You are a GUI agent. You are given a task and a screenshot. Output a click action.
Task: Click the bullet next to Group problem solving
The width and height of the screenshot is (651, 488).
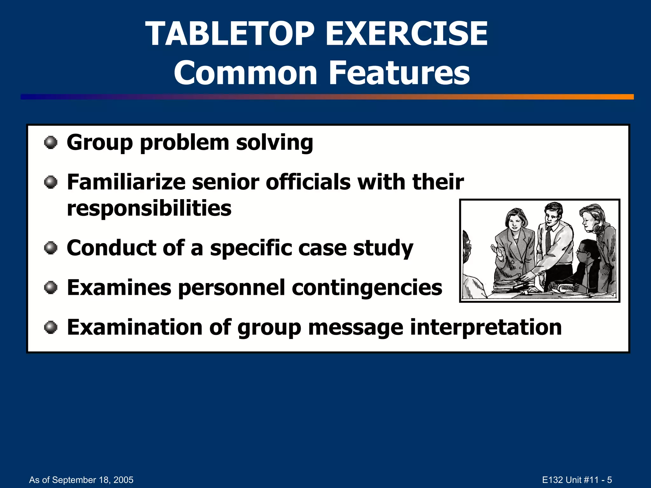[x=51, y=143]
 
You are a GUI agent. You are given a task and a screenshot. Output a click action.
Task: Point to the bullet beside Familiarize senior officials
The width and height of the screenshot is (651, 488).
[x=51, y=182]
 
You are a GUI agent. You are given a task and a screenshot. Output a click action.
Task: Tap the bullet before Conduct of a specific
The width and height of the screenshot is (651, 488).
[x=51, y=248]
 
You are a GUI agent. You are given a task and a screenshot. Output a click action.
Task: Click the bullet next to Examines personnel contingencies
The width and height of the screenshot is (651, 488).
[x=51, y=288]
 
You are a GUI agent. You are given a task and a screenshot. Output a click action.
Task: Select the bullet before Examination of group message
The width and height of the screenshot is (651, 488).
[x=51, y=328]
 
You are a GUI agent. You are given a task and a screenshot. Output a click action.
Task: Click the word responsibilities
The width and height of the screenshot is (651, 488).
[x=149, y=209]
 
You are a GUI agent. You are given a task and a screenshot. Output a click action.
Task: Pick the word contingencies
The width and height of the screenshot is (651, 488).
[x=367, y=288]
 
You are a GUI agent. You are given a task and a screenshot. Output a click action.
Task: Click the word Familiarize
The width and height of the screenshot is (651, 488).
[x=126, y=182]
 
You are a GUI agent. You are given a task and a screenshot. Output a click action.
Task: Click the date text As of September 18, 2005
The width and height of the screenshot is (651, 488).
[x=81, y=480]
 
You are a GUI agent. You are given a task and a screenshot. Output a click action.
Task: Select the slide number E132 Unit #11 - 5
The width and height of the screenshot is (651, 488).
[x=577, y=480]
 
